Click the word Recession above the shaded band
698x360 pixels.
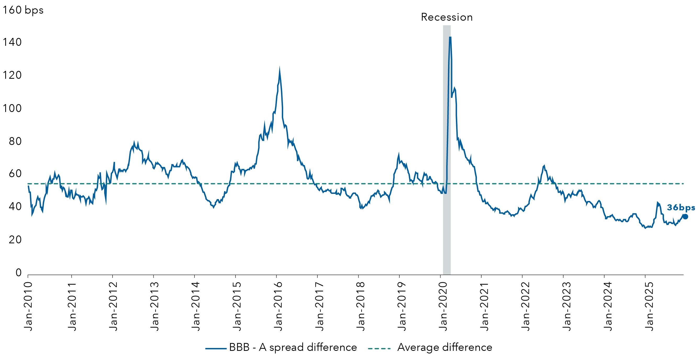tap(446, 17)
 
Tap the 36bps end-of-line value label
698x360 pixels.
tap(681, 208)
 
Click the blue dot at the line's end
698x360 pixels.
tap(685, 216)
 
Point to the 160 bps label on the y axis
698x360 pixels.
tap(23, 10)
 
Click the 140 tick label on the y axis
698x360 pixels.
tap(12, 42)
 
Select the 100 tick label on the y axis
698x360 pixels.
tap(12, 108)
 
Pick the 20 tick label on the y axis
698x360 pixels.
tap(15, 240)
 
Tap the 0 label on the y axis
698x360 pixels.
tap(18, 273)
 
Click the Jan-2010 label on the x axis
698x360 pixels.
tap(28, 306)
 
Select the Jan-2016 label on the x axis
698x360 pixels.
tap(278, 306)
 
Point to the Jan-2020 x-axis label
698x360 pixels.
tap(443, 306)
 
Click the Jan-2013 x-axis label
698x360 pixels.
tap(154, 306)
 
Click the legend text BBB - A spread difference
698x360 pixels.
tap(293, 347)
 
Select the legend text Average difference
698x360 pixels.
tap(445, 347)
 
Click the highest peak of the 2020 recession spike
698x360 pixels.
tap(450, 37)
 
